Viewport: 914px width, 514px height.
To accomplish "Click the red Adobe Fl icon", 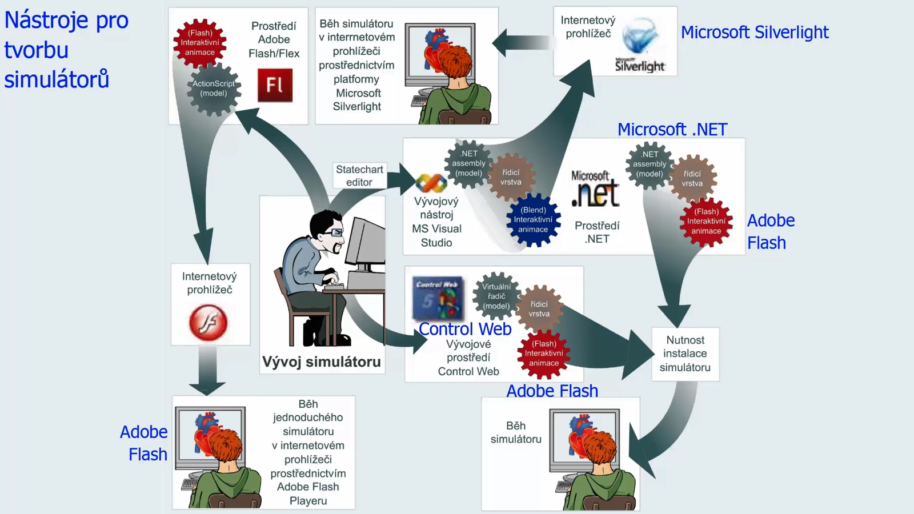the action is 275,85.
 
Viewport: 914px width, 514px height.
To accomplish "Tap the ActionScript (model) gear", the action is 214,89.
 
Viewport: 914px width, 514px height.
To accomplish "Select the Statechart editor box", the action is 359,175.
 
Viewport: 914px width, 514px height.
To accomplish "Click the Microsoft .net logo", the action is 595,188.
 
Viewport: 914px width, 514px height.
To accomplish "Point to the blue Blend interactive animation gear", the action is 533,219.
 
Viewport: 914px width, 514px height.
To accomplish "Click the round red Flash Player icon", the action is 208,322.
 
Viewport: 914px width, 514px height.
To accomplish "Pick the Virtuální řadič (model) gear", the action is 496,296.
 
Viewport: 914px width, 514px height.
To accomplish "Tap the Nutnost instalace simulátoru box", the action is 685,354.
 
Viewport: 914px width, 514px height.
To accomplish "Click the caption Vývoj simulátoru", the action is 322,362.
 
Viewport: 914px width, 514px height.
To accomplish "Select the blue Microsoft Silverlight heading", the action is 755,32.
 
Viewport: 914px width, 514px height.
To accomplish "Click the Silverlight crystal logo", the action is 639,35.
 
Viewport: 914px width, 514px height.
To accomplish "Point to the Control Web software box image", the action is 438,298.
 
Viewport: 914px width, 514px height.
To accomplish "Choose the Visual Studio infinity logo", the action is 431,183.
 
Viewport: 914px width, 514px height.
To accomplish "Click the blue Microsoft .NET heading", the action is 672,129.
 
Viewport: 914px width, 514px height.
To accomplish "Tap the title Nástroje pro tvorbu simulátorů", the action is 66,49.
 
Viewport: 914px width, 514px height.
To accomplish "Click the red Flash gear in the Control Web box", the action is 543,354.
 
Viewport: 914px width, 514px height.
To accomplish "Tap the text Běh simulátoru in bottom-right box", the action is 516,432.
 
